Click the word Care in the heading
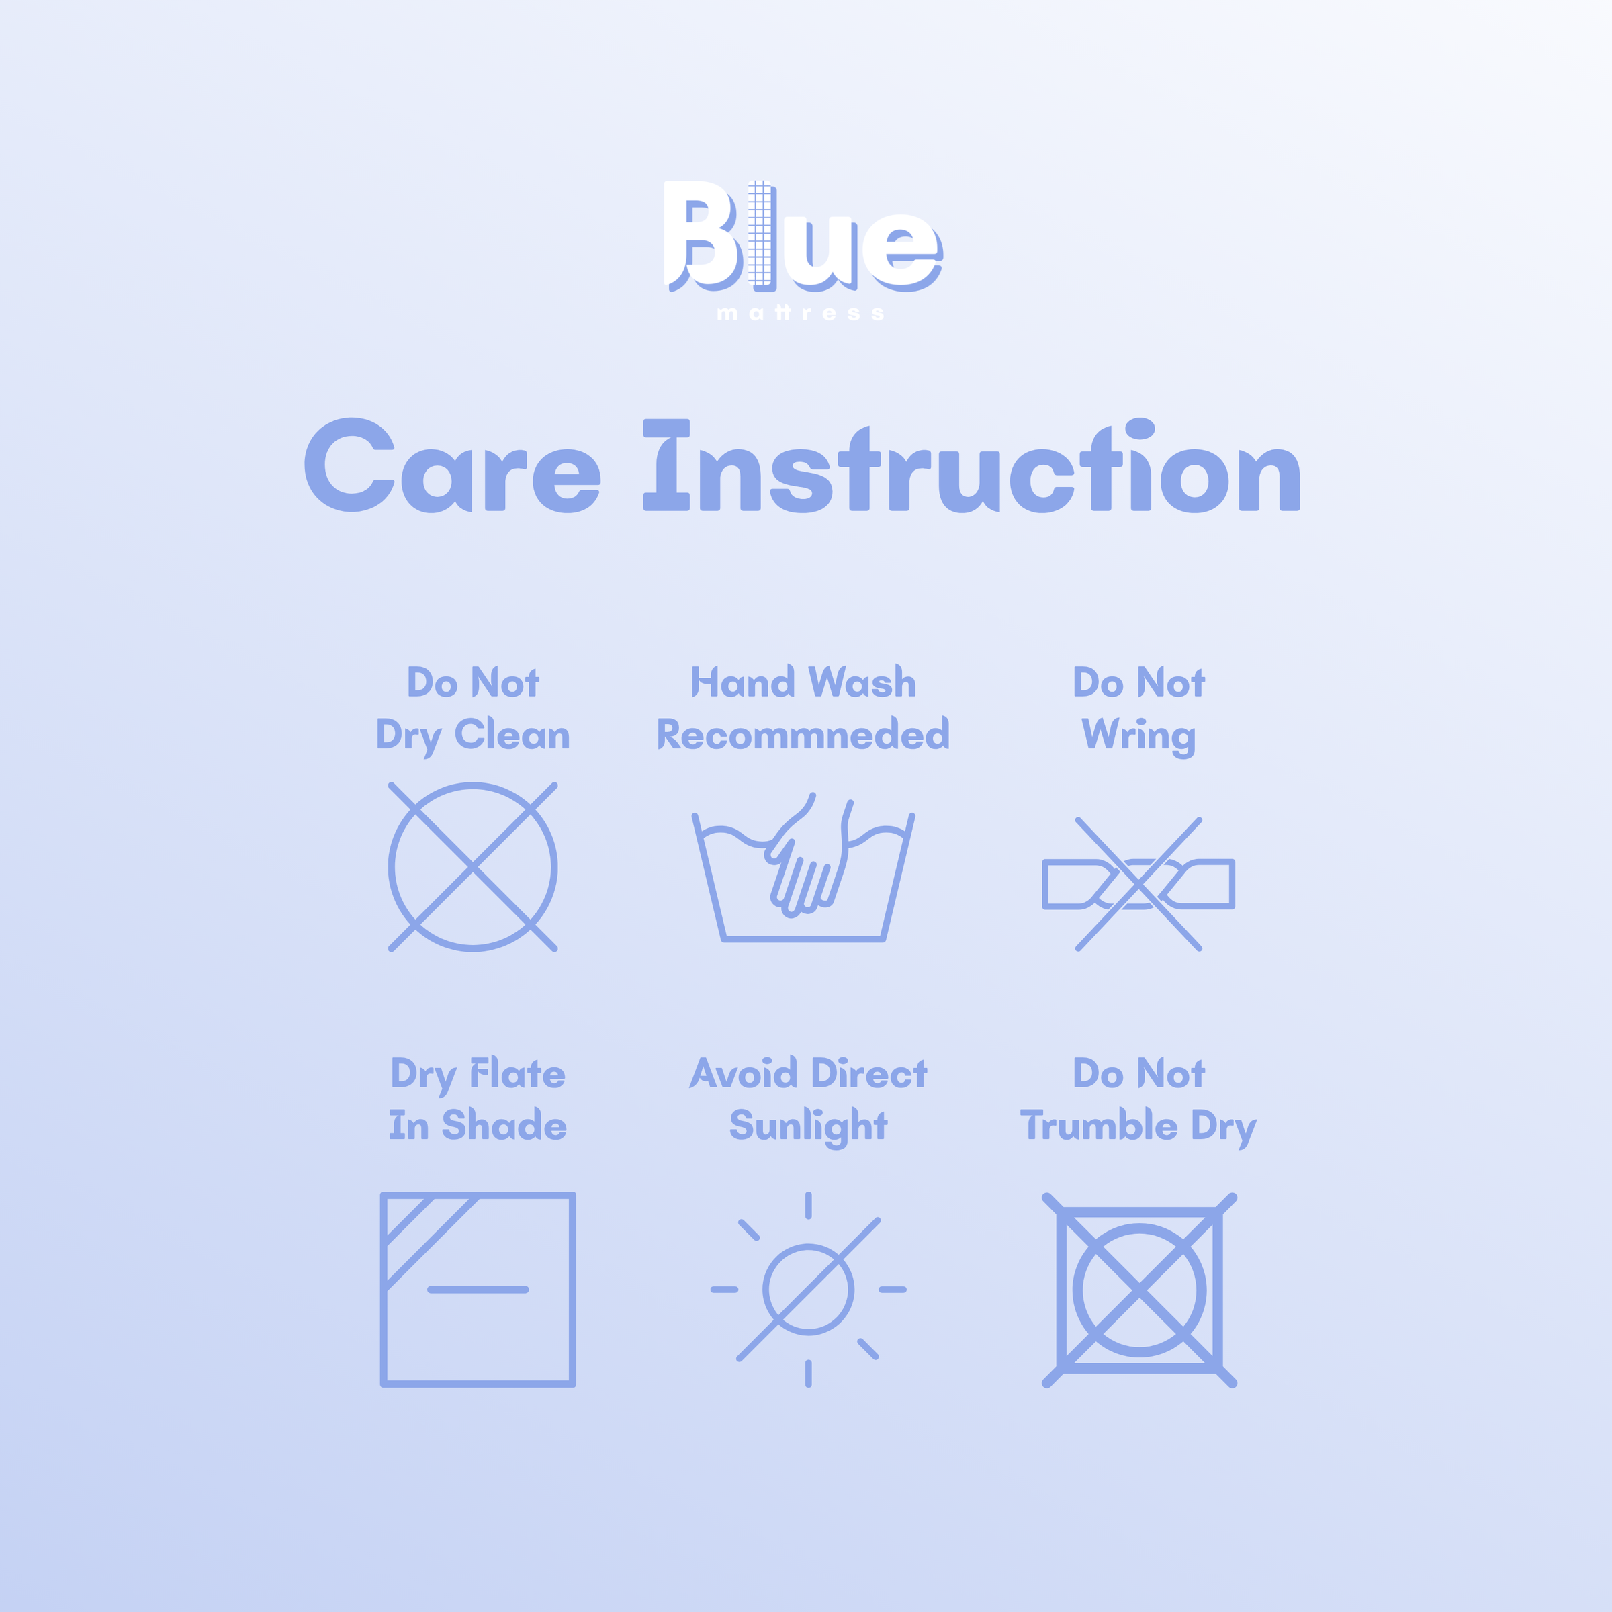[452, 465]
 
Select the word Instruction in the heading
[971, 465]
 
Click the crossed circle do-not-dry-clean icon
[473, 867]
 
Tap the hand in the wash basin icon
[806, 855]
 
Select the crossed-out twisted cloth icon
[1138, 885]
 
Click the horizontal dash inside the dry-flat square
[478, 1289]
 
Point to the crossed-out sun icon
[807, 1289]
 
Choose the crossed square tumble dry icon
[1139, 1290]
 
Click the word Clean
[512, 734]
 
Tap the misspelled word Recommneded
[803, 734]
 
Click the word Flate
[518, 1073]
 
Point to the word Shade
[504, 1125]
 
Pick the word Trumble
[1099, 1125]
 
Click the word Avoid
[744, 1073]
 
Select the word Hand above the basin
[742, 682]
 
